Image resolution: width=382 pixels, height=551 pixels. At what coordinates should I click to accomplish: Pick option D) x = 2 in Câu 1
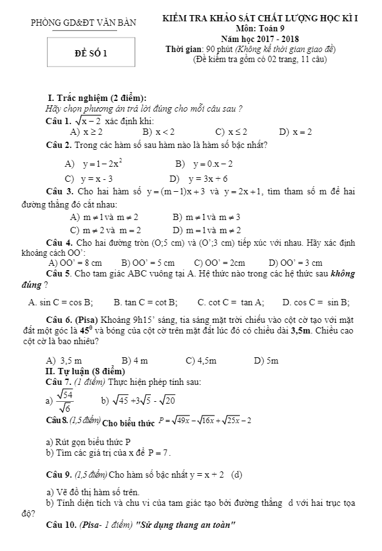[296, 132]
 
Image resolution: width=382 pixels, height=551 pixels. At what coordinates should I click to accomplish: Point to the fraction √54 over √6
[65, 400]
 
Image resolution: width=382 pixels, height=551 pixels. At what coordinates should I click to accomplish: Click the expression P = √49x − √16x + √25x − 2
[205, 419]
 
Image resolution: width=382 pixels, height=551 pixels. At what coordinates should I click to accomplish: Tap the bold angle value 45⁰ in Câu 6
[86, 329]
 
